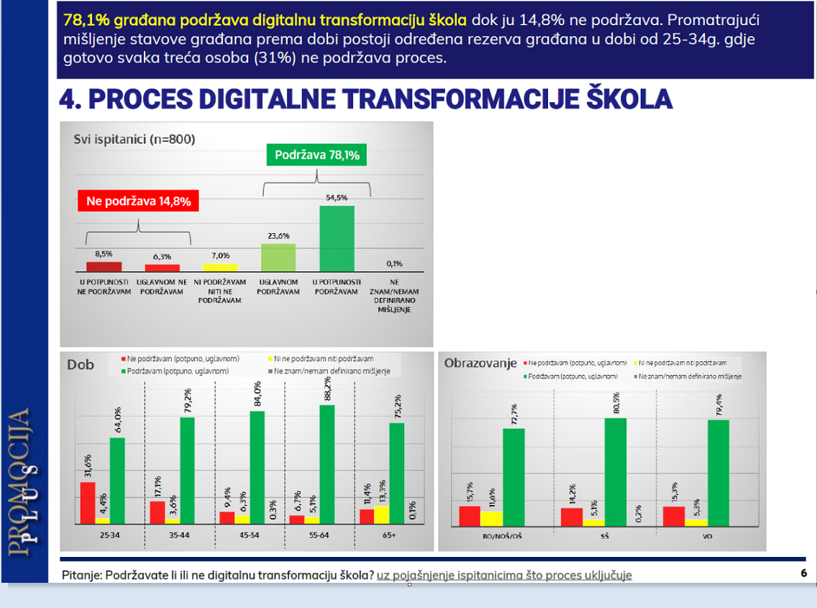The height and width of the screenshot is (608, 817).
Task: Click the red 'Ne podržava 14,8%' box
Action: (x=138, y=201)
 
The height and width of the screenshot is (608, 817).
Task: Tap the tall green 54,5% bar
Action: (x=337, y=238)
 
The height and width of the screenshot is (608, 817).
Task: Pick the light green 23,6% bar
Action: (x=278, y=257)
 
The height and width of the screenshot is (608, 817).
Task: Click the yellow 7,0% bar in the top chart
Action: (x=220, y=267)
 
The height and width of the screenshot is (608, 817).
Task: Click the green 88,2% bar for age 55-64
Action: (x=327, y=463)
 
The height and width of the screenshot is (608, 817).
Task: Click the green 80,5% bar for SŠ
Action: (x=616, y=471)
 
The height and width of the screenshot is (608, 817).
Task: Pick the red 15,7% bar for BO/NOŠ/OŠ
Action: (x=470, y=516)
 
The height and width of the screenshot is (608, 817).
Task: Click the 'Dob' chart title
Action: (x=81, y=365)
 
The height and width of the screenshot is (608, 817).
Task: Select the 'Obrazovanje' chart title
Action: (x=480, y=363)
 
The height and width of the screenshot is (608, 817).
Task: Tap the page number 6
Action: (x=803, y=573)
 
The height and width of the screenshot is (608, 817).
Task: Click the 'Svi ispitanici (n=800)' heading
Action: (x=134, y=140)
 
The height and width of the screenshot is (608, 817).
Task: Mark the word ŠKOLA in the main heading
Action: (x=619, y=99)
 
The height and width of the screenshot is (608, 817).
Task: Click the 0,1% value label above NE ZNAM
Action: (x=393, y=263)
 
